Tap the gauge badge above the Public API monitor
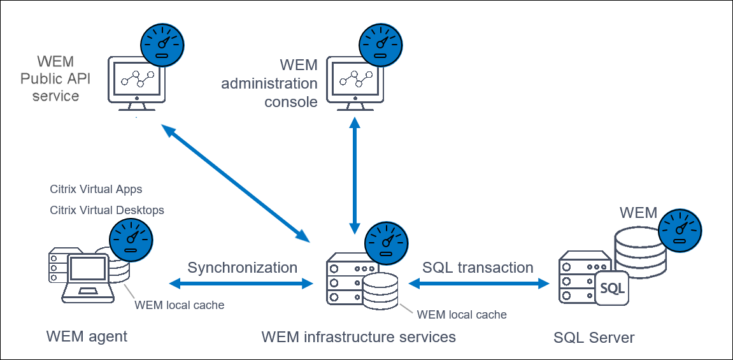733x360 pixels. (x=162, y=43)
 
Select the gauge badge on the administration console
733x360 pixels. (x=381, y=45)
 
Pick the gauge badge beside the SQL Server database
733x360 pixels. (x=680, y=229)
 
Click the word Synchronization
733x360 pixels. (x=242, y=268)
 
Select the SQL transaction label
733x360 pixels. (x=478, y=268)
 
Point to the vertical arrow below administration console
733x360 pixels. (x=354, y=178)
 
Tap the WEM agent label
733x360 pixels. (x=87, y=336)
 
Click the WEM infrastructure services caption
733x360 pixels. (x=359, y=336)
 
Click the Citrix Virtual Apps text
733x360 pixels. (x=96, y=190)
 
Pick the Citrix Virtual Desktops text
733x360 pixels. (x=106, y=210)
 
